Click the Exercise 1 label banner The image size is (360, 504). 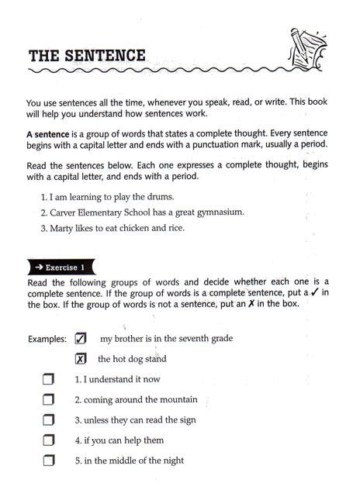tap(71, 265)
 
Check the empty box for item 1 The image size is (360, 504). tap(49, 380)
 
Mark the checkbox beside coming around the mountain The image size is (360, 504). tap(49, 400)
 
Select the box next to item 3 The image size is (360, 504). tap(49, 420)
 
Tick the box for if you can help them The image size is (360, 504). tap(49, 440)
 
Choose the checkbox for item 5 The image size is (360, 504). tap(49, 461)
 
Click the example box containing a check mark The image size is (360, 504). tap(81, 338)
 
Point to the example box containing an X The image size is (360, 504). tap(81, 358)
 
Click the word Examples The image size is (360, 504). tap(47, 340)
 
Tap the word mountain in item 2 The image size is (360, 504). tap(175, 400)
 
